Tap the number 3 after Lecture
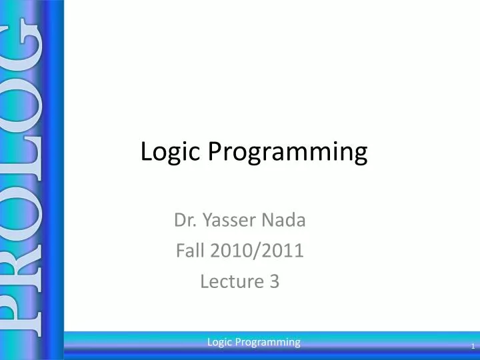pyautogui.click(x=274, y=282)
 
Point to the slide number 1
pyautogui.click(x=472, y=347)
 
